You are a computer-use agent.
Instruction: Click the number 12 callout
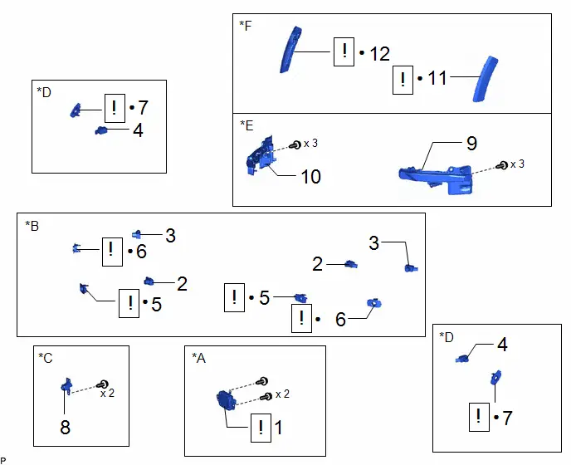pos(380,54)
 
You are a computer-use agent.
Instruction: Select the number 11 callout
pos(437,78)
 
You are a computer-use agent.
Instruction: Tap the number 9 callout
pos(471,143)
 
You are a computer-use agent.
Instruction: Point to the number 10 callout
pos(310,177)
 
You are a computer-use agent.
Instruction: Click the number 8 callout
pos(66,427)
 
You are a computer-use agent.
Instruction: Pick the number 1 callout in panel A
pos(278,428)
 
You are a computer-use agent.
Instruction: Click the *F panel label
pos(246,26)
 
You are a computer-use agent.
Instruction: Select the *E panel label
pos(246,125)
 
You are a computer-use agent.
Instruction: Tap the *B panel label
pos(32,226)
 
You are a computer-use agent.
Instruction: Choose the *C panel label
pos(46,358)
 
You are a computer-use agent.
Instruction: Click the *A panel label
pos(199,358)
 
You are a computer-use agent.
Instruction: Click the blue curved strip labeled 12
pos(290,50)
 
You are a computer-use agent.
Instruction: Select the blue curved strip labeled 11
pos(485,79)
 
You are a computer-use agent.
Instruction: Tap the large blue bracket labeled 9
pos(437,179)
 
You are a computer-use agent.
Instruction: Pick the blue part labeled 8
pos(66,386)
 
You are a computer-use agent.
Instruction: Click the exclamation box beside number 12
pos(344,51)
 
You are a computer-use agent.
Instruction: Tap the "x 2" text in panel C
pos(107,394)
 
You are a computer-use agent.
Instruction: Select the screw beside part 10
pos(295,145)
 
